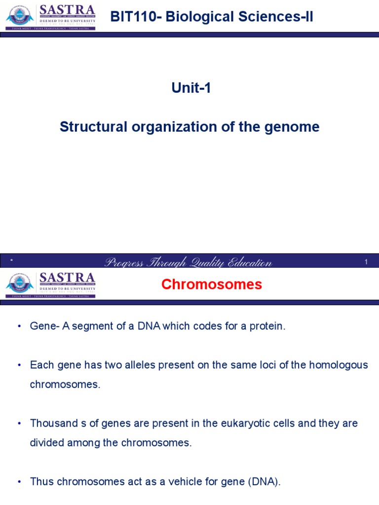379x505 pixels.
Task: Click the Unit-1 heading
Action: click(191, 88)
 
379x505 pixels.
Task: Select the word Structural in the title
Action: click(93, 127)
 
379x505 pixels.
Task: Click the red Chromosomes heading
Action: click(212, 285)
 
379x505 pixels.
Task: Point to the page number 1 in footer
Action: click(367, 262)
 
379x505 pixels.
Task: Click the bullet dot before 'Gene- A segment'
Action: click(19, 327)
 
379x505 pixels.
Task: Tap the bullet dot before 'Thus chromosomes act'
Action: click(19, 482)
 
